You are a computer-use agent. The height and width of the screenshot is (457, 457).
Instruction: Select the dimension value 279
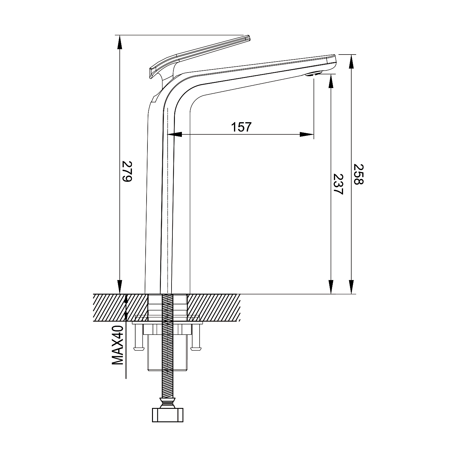126,171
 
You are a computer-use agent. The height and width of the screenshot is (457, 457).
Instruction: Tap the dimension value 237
338,184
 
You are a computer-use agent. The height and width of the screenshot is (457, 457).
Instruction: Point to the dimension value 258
359,174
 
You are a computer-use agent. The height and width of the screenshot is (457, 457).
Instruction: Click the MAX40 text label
118,345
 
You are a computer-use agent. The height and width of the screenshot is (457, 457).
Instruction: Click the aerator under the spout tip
314,74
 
